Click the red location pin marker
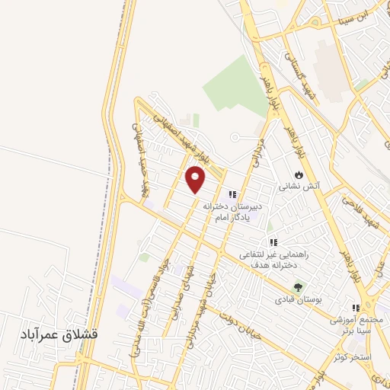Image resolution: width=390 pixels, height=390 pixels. point(196,179)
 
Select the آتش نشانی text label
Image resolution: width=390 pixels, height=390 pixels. point(299,185)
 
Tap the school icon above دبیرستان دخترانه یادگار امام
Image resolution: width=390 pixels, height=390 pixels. point(232,194)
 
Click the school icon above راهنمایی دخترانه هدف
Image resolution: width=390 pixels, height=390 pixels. point(273,242)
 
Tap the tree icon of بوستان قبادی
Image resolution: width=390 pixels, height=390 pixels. point(298,288)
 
